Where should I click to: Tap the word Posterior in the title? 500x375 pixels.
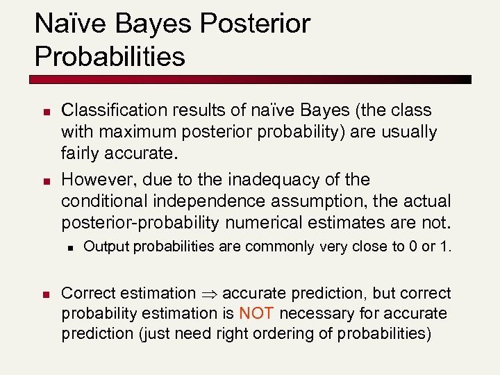point(255,24)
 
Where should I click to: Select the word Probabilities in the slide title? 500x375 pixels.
point(110,56)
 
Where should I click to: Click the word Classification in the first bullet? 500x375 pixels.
point(107,110)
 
